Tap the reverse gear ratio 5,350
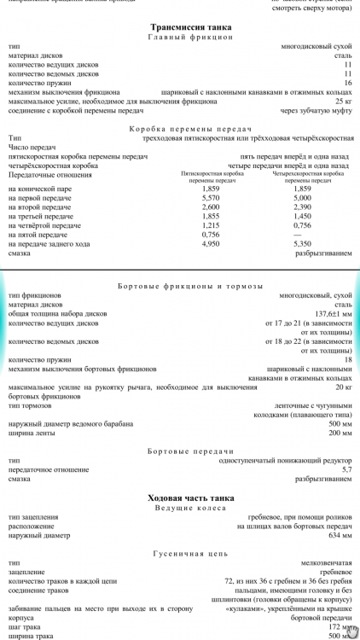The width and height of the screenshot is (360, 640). coord(302,244)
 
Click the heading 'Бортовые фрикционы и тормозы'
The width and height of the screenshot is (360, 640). coord(179,286)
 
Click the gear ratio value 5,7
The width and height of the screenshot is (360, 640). coord(346,469)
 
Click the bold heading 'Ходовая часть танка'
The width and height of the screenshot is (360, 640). coord(179,497)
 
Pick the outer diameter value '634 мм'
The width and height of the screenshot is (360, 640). coord(340,537)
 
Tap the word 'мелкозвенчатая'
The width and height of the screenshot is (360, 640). coord(328,564)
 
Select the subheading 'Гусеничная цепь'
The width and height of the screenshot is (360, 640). coord(179,553)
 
